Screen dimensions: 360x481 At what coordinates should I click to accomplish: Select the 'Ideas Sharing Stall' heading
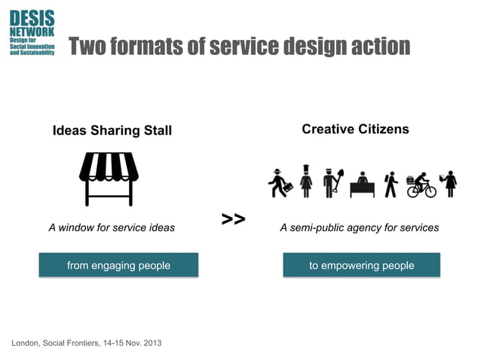point(112,131)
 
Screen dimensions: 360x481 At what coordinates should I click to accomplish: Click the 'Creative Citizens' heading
point(355,130)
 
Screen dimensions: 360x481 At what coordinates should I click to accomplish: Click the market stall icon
point(110,178)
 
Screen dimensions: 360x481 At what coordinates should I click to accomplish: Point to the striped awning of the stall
point(110,166)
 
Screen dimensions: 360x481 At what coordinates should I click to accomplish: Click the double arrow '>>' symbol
point(234,219)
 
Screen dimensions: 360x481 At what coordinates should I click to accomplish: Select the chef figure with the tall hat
point(306,182)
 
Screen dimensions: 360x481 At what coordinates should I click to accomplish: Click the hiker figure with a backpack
point(390,184)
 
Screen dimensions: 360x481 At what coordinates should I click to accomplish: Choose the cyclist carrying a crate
point(421,185)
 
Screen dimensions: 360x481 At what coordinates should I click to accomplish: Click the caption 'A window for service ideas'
point(112,227)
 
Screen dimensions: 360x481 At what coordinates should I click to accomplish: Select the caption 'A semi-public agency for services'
point(359,227)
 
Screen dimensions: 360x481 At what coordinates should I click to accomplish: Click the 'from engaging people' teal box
point(118,265)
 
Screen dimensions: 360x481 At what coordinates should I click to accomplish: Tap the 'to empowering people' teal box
point(361,265)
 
